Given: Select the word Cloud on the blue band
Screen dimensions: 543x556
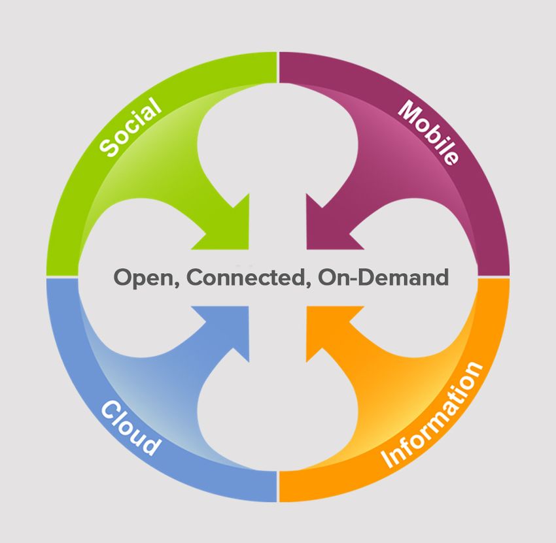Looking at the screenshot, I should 130,427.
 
